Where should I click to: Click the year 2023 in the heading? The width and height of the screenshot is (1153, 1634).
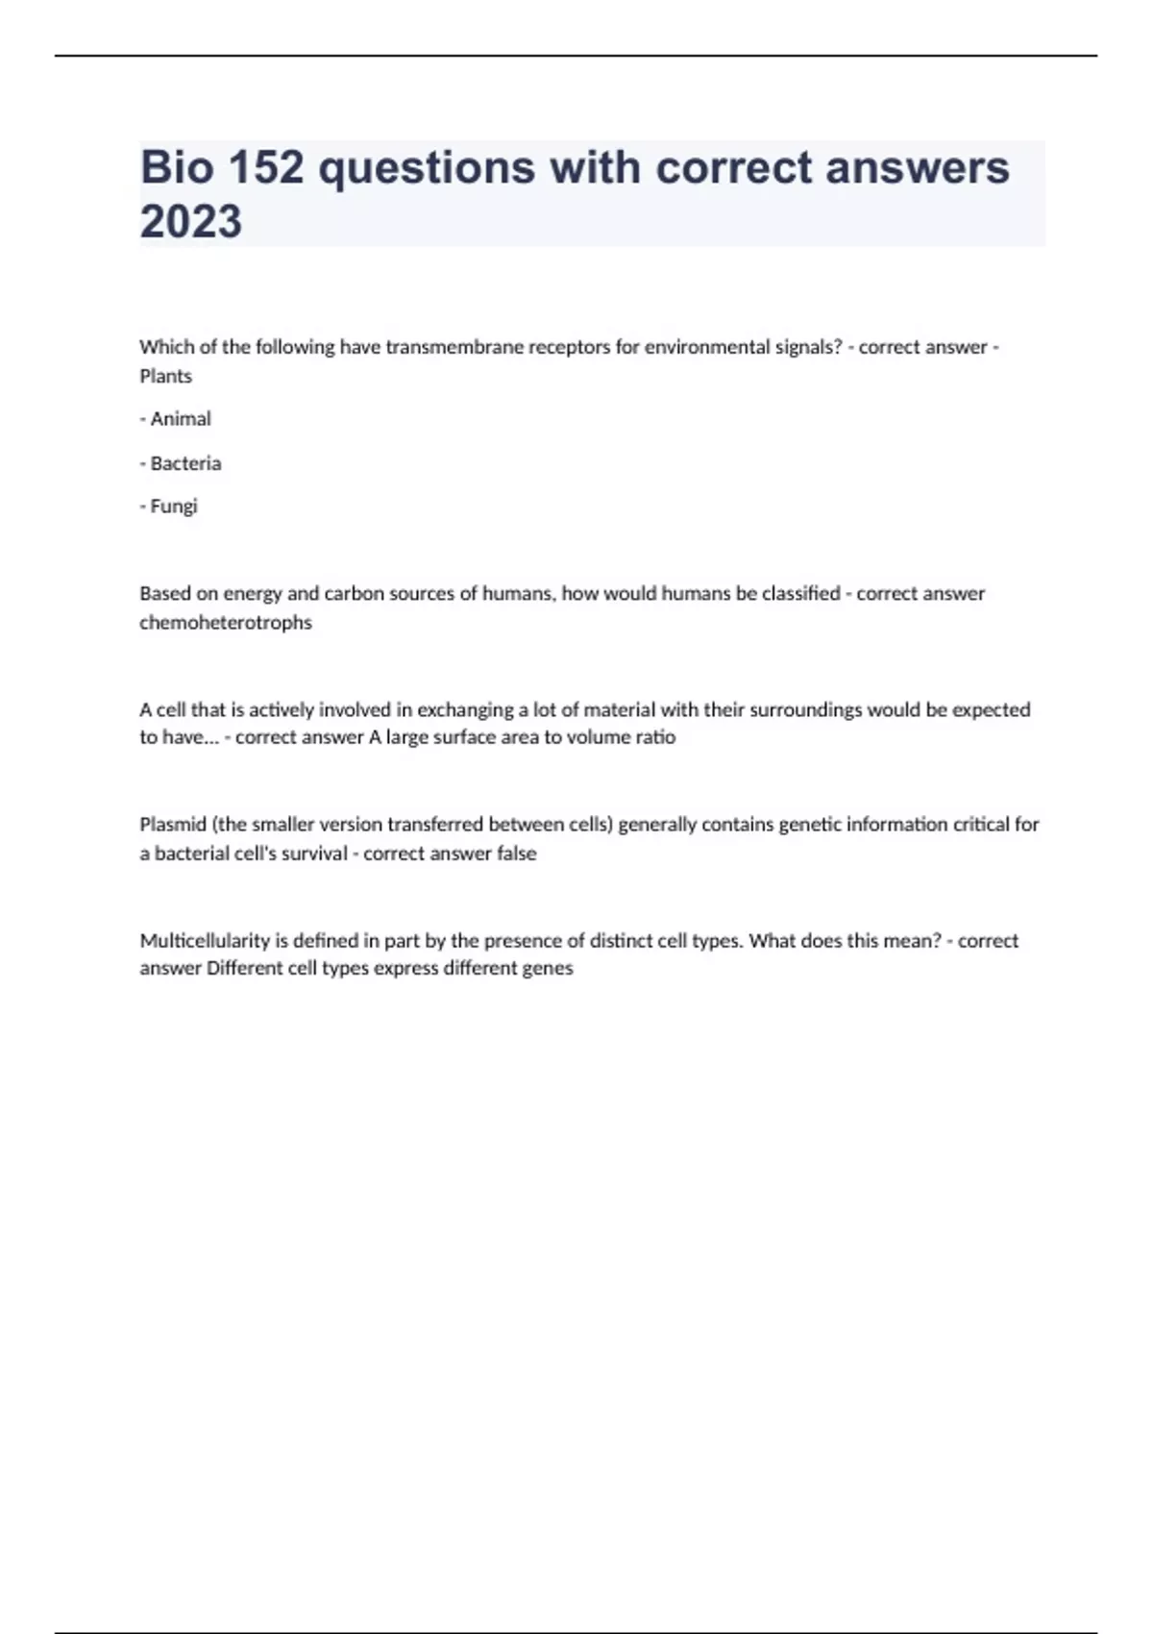click(x=191, y=222)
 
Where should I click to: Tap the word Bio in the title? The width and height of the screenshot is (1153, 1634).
click(x=177, y=168)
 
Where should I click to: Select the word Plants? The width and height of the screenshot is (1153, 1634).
click(x=166, y=376)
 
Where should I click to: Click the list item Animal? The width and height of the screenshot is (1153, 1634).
click(x=180, y=419)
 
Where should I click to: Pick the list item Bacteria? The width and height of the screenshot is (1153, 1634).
click(x=185, y=463)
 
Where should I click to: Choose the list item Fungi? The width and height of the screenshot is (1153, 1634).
click(x=173, y=507)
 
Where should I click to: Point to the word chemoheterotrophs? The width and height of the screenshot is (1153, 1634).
click(x=226, y=623)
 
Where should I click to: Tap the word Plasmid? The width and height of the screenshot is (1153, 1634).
click(x=172, y=825)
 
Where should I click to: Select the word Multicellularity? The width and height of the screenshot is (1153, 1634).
click(x=205, y=941)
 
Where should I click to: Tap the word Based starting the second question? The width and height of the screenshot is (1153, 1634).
click(x=165, y=594)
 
